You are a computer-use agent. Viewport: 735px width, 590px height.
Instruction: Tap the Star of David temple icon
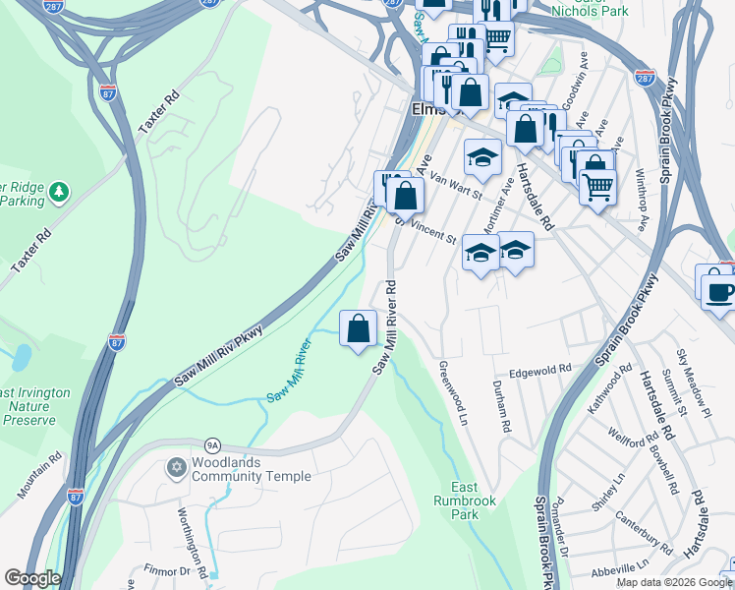coord(177,465)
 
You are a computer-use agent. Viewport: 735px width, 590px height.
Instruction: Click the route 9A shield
coord(211,445)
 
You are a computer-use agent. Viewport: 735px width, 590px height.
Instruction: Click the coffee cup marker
coord(720,291)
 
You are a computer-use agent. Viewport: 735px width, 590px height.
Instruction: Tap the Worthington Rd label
coord(194,540)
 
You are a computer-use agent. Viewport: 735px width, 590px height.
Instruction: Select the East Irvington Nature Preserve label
coord(35,406)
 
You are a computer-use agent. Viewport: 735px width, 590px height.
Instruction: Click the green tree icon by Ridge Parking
coord(60,190)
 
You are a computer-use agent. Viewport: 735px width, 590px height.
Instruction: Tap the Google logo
coord(32,578)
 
